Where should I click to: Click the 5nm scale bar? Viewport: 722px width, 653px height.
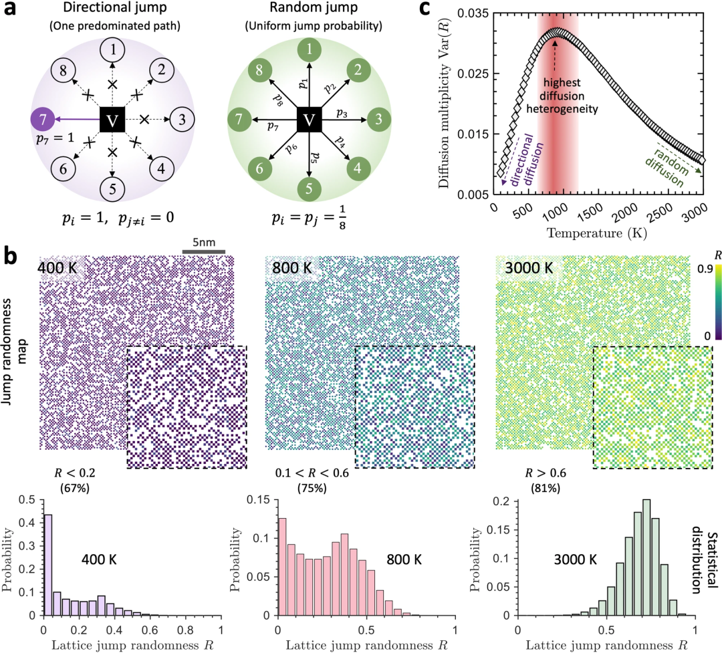point(205,252)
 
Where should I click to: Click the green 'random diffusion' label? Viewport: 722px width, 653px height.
point(676,164)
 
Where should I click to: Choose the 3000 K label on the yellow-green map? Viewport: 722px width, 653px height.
point(525,269)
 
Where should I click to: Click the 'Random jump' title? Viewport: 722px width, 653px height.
point(308,11)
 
